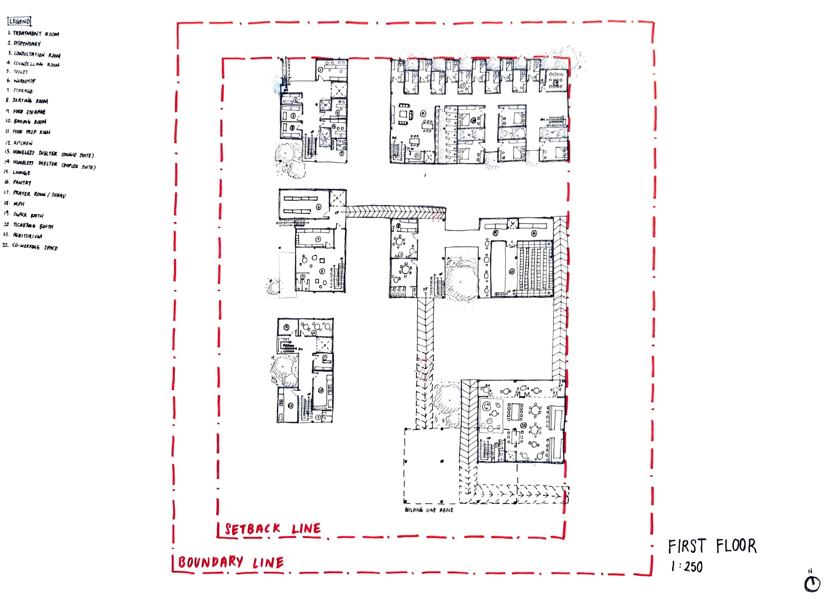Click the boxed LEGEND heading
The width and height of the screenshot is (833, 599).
tap(20, 22)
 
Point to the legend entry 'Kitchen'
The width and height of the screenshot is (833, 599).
tap(20, 143)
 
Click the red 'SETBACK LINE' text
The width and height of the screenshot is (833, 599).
tap(273, 529)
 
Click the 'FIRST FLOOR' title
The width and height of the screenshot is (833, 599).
tap(712, 546)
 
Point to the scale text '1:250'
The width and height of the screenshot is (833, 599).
tap(687, 567)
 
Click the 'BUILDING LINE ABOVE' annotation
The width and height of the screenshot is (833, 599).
tap(429, 510)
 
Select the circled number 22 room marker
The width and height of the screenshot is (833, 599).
tap(523, 426)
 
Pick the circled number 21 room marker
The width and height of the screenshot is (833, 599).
tap(512, 272)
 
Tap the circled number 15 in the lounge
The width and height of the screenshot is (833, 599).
tap(423, 113)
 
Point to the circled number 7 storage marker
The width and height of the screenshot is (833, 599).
tap(318, 239)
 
